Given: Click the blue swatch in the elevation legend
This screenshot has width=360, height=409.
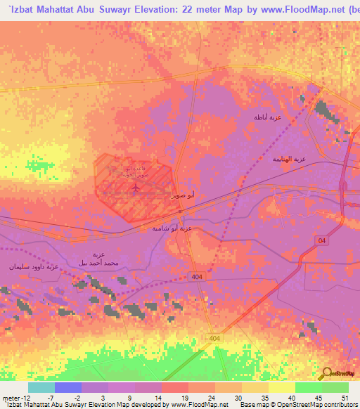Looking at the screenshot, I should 67,387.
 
